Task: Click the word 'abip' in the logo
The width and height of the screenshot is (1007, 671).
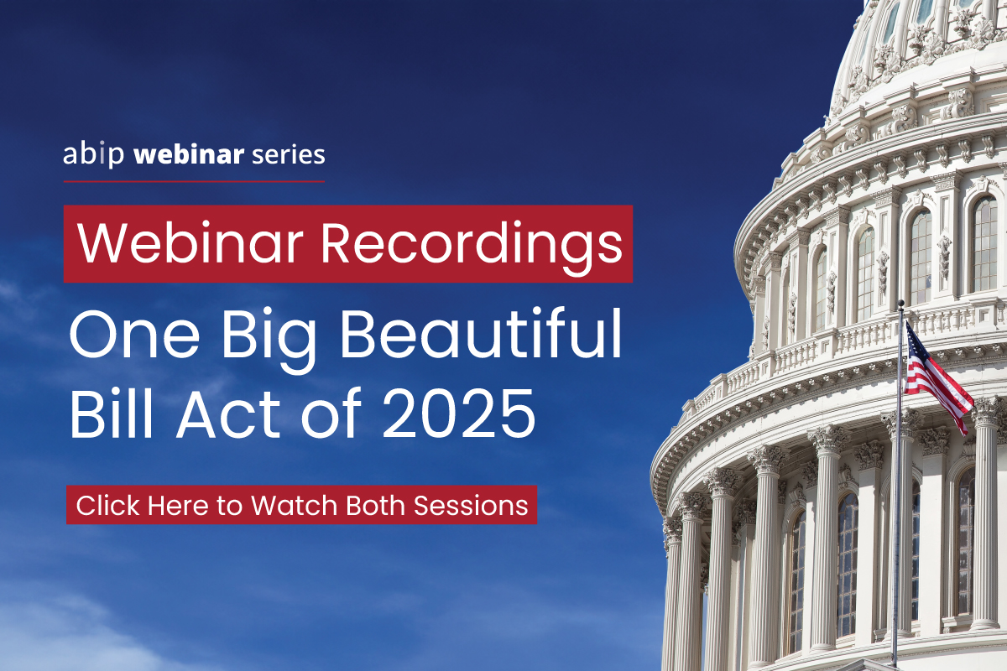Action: pos(93,155)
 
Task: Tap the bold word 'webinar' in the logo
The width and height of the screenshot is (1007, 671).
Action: pos(189,153)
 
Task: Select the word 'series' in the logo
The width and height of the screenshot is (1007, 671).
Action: pos(288,155)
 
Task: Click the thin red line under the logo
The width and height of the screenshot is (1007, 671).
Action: pos(194,181)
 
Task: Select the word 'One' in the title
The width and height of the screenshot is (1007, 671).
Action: pos(135,334)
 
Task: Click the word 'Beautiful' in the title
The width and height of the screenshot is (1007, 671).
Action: pos(481,333)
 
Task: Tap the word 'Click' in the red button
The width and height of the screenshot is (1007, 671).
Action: pos(108,505)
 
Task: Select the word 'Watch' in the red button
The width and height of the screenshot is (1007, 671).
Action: pos(295,505)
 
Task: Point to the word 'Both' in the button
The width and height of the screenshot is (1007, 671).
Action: pos(375,505)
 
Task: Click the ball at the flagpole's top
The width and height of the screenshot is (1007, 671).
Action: pos(900,303)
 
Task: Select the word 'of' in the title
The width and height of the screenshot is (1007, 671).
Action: pos(331,413)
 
